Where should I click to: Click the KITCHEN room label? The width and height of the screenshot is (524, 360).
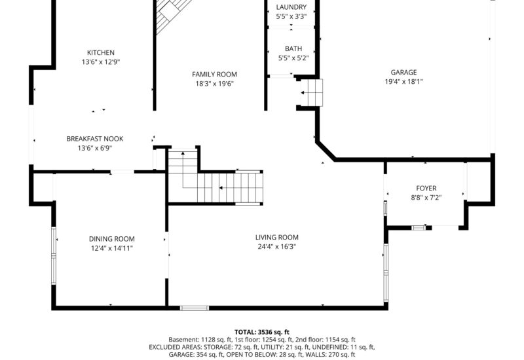click(101, 53)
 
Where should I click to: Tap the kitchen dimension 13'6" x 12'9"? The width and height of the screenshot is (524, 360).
click(101, 62)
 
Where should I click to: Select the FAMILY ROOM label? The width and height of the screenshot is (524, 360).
click(214, 75)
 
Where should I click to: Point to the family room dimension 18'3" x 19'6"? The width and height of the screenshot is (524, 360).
click(214, 84)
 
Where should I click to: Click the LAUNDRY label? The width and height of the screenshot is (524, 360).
click(291, 7)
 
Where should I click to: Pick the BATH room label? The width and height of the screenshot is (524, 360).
click(292, 49)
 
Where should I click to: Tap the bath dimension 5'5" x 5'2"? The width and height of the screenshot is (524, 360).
click(292, 58)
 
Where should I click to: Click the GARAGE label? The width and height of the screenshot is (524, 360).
click(403, 73)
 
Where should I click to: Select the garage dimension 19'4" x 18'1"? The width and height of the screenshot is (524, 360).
click(403, 82)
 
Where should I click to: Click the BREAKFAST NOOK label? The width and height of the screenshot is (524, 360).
click(95, 139)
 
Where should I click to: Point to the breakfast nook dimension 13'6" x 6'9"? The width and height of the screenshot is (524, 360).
click(95, 148)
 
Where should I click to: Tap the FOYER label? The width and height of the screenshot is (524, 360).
click(426, 189)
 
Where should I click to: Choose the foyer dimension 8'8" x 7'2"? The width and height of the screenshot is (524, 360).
click(426, 198)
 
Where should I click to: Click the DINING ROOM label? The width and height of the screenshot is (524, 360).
click(112, 239)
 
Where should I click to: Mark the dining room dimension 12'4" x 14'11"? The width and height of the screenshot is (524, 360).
click(112, 248)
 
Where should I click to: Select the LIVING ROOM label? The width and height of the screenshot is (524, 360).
click(276, 238)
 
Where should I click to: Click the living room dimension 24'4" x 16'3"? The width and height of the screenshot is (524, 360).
click(276, 247)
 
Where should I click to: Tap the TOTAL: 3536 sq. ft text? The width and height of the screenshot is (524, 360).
click(261, 332)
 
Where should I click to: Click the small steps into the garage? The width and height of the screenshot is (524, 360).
click(312, 93)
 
